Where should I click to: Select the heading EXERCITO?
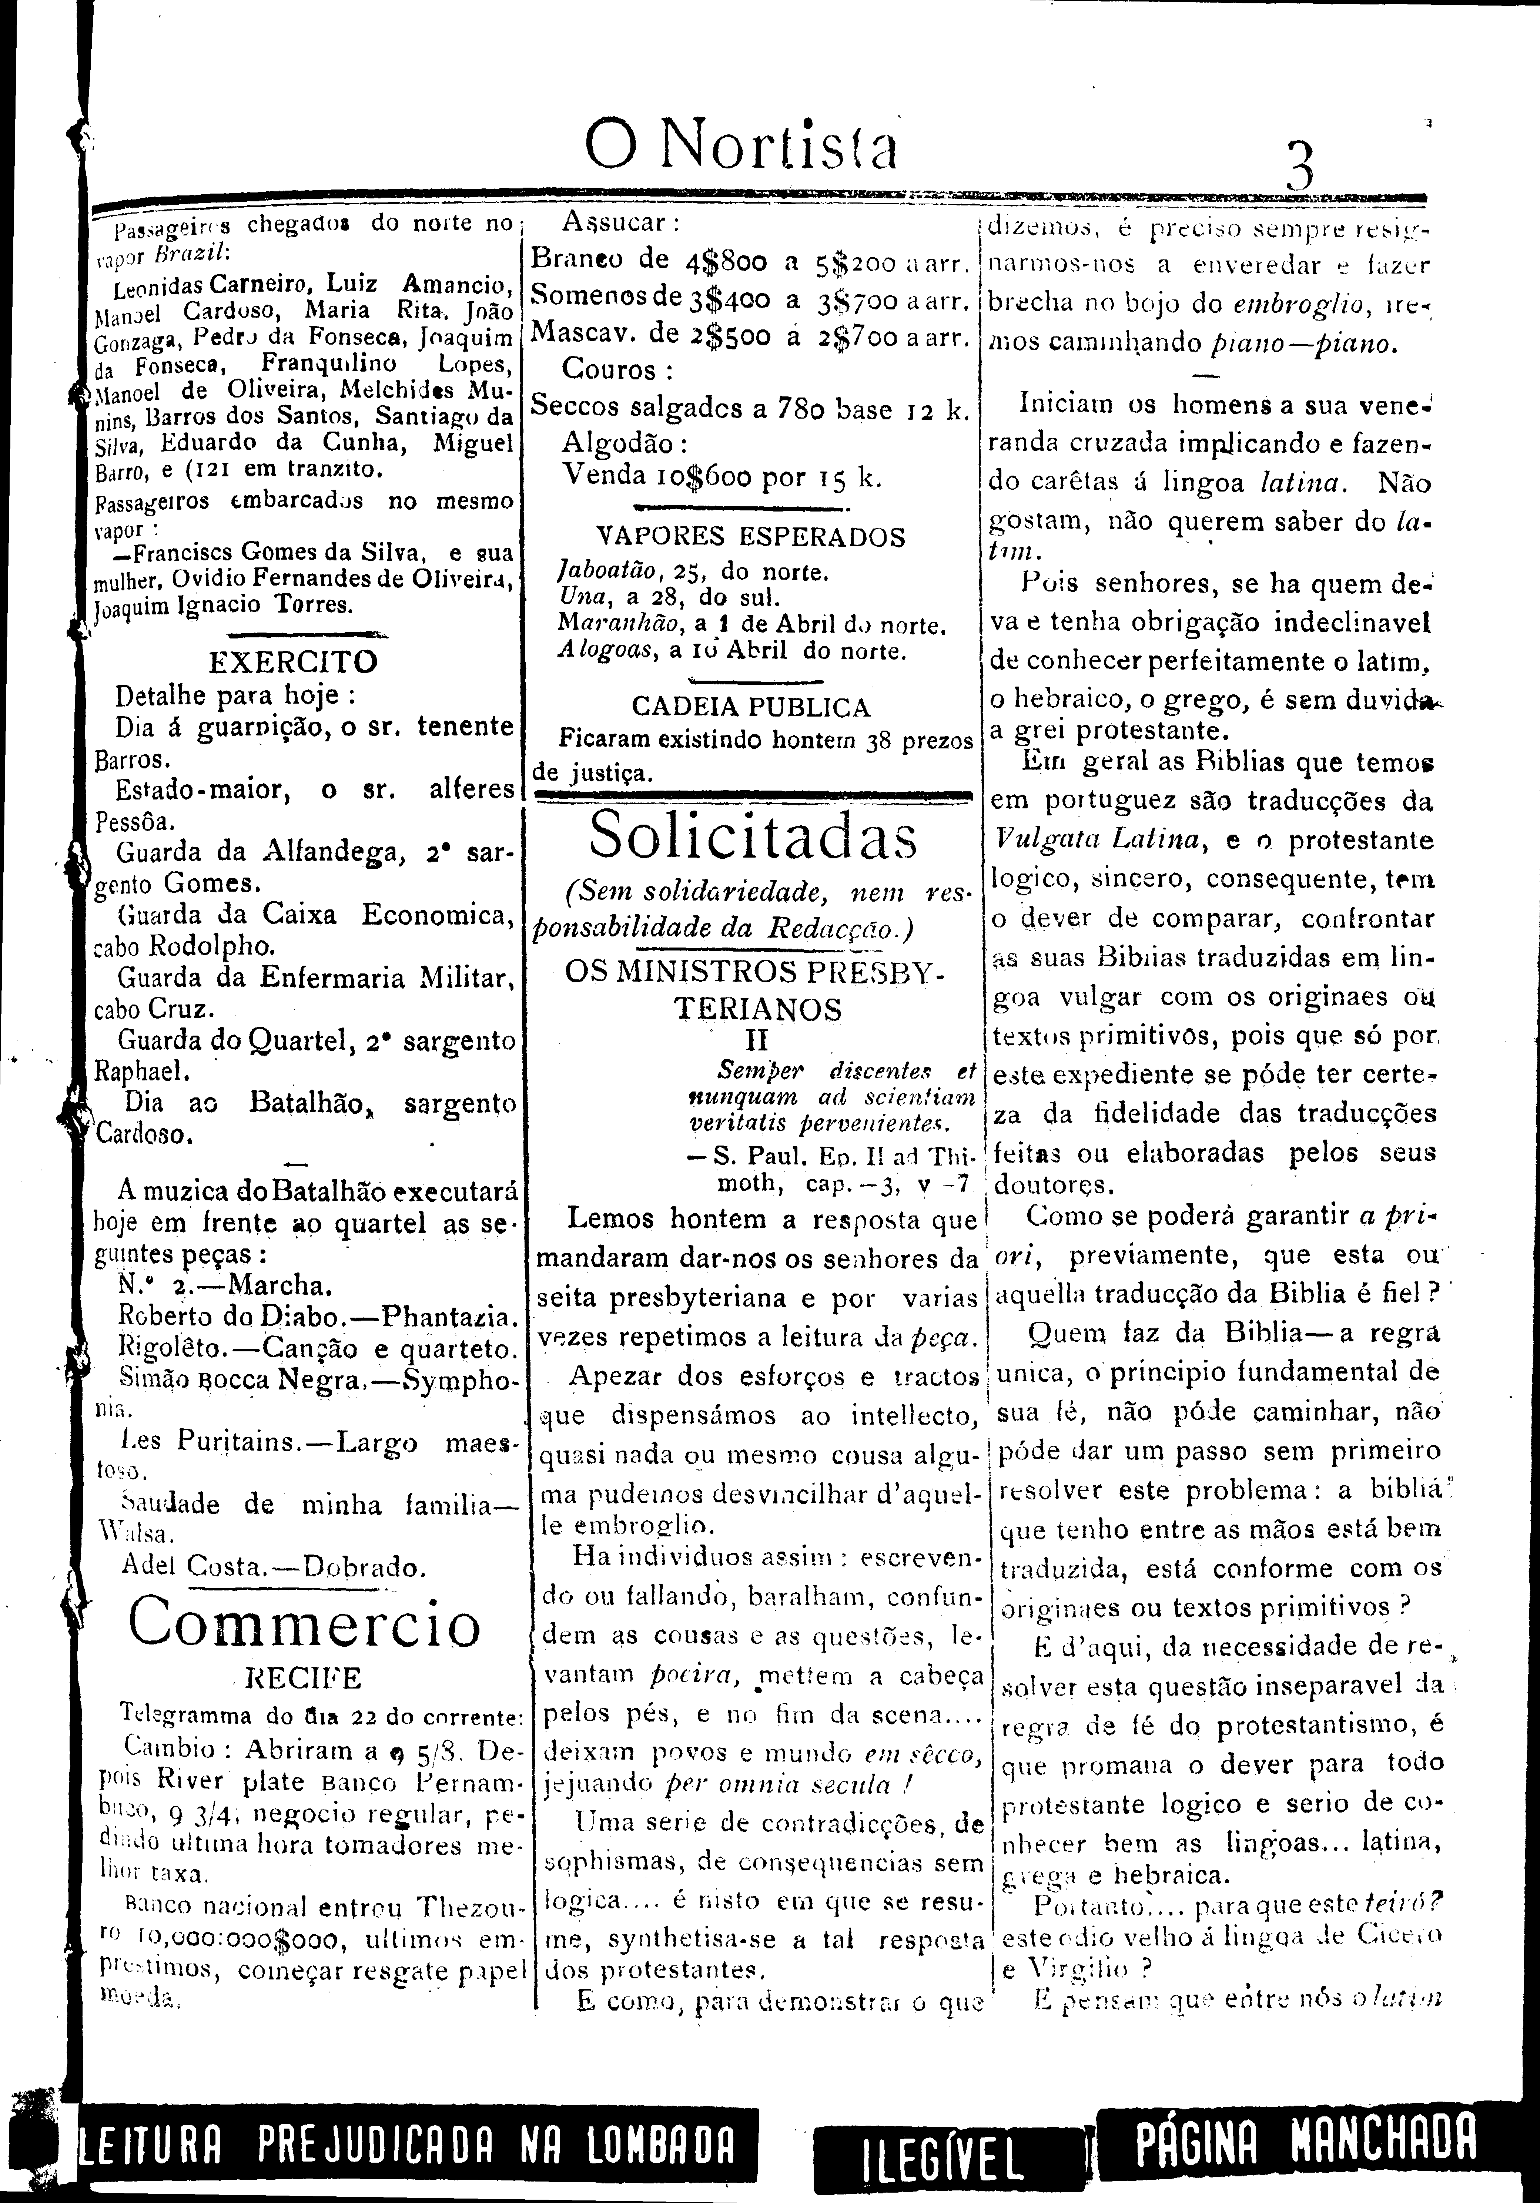pos(293,662)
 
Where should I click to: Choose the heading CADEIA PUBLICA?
pos(750,707)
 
